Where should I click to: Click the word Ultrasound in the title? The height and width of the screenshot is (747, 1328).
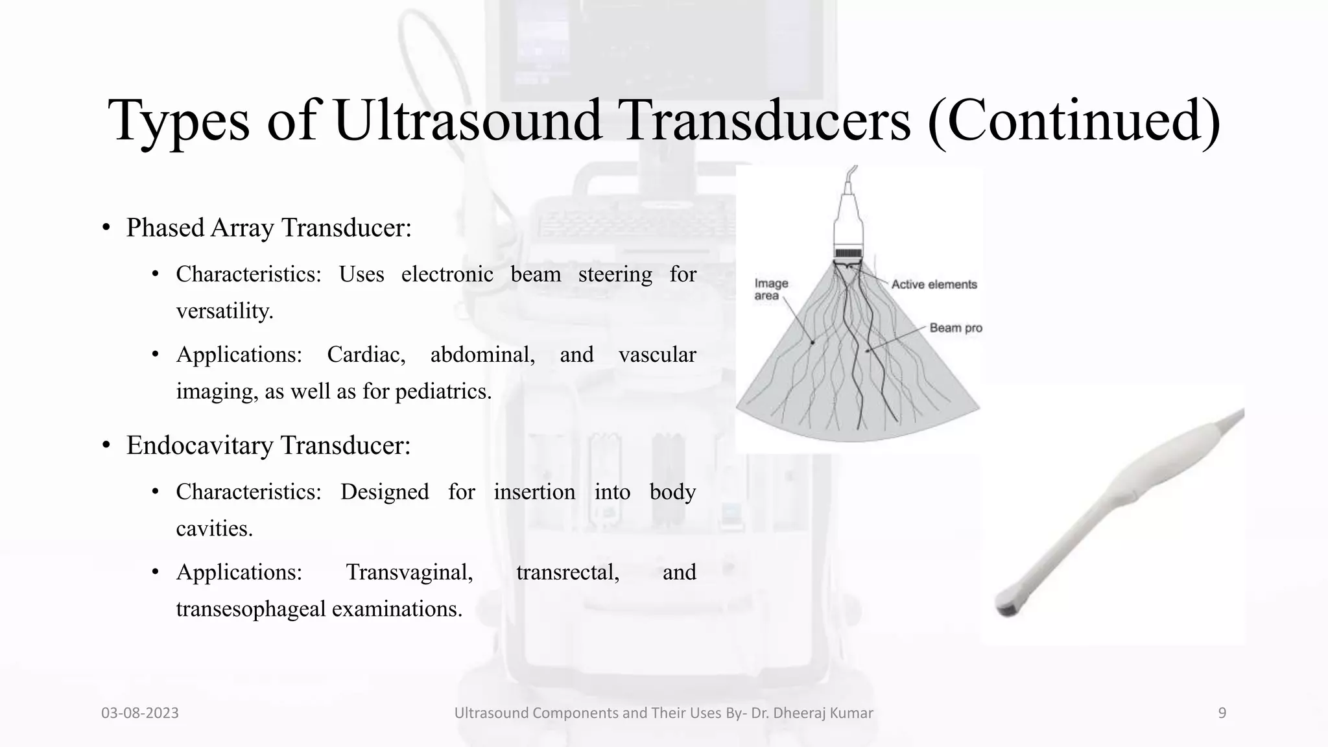click(468, 121)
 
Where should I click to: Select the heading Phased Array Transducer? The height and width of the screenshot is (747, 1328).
click(268, 228)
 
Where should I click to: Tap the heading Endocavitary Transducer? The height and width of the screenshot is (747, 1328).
click(268, 446)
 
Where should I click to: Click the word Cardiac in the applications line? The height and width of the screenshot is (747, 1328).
click(366, 355)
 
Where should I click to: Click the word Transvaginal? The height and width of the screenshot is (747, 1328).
click(409, 573)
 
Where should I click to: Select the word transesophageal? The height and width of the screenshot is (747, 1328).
click(251, 610)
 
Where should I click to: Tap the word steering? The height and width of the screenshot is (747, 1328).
click(615, 274)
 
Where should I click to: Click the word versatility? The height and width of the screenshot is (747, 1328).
click(224, 311)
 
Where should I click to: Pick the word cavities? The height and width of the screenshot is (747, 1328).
click(214, 529)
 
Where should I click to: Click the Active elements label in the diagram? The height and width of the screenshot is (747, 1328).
click(934, 285)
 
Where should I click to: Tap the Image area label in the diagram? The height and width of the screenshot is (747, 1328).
click(770, 289)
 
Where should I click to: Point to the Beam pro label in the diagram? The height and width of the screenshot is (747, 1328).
click(955, 328)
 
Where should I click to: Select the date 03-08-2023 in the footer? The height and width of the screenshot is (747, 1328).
click(140, 713)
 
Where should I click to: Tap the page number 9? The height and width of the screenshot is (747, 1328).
click(1222, 713)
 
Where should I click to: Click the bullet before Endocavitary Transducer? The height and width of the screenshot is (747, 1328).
click(106, 446)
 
